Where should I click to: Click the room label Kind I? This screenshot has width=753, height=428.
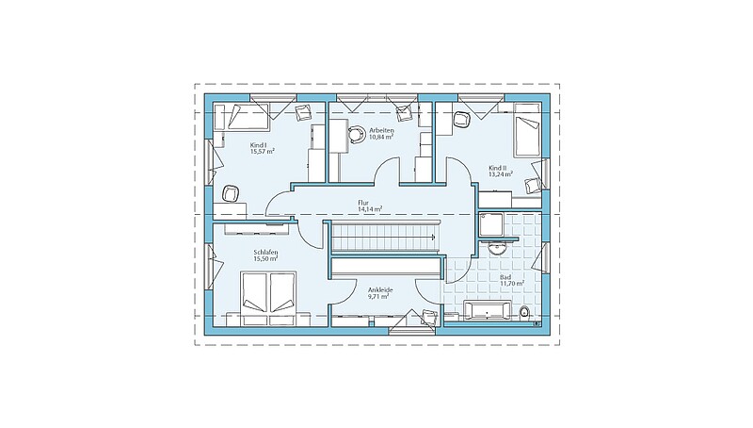tap(258, 145)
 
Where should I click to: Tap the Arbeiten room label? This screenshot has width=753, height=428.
tap(381, 130)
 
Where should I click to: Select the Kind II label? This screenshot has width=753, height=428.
tap(498, 168)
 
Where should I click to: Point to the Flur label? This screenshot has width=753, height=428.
tap(363, 203)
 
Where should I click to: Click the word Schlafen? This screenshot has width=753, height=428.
tap(266, 252)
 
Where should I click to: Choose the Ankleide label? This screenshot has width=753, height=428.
tap(380, 290)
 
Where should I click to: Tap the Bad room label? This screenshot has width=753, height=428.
tap(505, 277)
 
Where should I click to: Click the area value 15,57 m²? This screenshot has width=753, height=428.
tap(263, 151)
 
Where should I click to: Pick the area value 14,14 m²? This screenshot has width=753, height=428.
tap(370, 209)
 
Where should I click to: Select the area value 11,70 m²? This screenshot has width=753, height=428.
tap(512, 284)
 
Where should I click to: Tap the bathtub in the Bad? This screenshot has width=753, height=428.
tap(488, 311)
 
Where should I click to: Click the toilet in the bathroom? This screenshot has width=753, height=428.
tap(525, 313)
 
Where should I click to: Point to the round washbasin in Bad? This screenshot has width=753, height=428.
tap(497, 249)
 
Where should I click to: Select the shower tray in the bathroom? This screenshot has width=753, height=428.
tap(490, 224)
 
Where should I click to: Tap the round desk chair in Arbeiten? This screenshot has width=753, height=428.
tap(357, 135)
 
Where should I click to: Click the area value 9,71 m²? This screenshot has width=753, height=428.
tap(378, 296)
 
